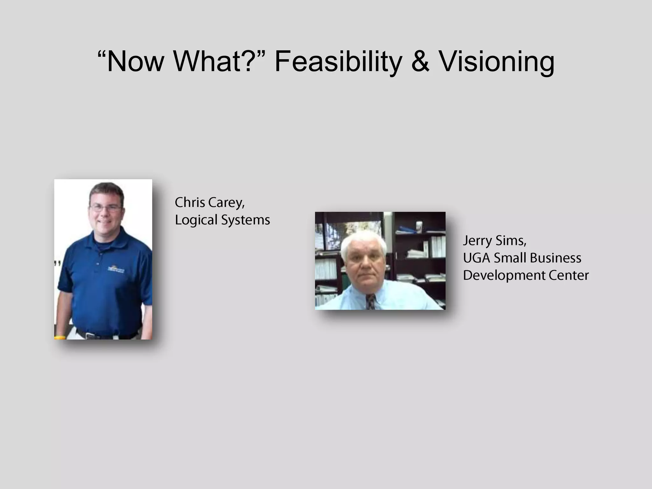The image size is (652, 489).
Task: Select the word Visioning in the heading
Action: pos(497,62)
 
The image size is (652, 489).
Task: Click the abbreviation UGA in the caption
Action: pos(476,258)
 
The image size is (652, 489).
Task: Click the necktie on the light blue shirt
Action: pos(371,302)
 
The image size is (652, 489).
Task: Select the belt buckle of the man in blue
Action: pos(91,335)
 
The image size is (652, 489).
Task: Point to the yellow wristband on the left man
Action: pos(60,337)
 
